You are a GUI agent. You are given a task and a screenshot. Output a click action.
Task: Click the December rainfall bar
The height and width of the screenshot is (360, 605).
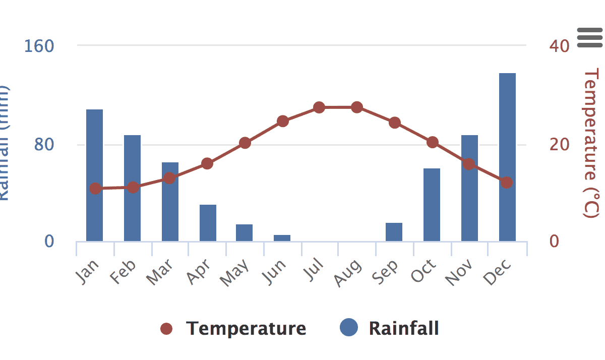tap(507, 157)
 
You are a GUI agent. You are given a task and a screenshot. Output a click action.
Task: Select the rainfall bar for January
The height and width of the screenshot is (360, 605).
tap(94, 175)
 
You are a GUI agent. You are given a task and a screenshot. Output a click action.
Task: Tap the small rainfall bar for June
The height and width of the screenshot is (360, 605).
tap(282, 238)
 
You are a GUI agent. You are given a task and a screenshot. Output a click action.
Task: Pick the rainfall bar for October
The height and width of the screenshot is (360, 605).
tap(432, 204)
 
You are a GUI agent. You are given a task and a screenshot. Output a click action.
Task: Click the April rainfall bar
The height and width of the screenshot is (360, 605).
tap(208, 222)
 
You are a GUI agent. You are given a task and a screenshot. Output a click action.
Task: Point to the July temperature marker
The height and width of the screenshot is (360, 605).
tap(319, 107)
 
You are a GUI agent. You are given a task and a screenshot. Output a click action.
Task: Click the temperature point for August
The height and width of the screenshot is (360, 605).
tap(357, 107)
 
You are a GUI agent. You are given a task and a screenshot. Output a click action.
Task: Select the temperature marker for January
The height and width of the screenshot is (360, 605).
tap(95, 189)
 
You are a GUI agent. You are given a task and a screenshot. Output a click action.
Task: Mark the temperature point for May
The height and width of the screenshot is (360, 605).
tap(245, 143)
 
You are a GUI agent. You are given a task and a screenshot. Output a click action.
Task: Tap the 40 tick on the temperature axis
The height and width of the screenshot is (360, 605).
tap(560, 46)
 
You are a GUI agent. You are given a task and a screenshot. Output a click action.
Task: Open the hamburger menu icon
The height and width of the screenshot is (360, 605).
tap(590, 38)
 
